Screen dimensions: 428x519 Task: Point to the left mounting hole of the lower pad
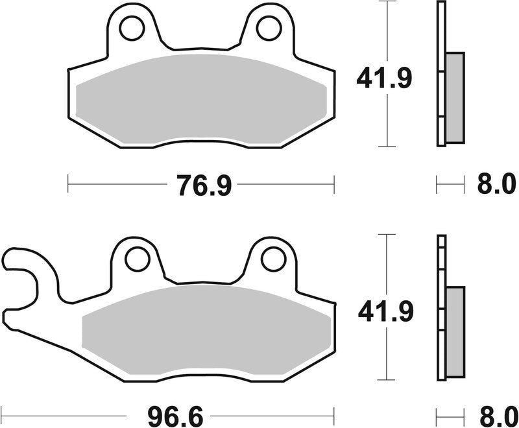tap(137, 259)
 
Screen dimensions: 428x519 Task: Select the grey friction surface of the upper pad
tap(201, 97)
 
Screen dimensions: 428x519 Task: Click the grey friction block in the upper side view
tap(455, 97)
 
